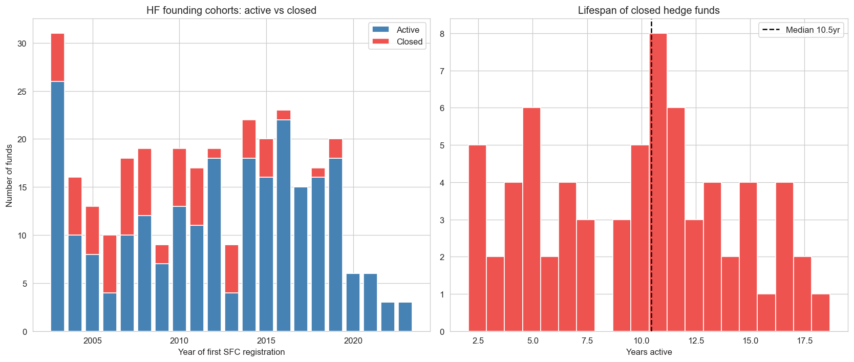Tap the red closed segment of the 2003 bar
(x=58, y=57)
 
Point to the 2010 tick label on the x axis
(x=179, y=341)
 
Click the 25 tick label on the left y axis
(x=22, y=92)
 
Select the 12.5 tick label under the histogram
(x=696, y=341)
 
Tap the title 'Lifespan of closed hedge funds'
(x=649, y=10)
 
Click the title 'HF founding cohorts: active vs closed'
(x=231, y=10)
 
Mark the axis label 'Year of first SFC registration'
(x=231, y=352)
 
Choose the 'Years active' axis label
(x=649, y=352)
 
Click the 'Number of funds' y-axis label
(x=9, y=176)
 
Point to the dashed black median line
(x=651, y=128)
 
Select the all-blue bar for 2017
(x=301, y=259)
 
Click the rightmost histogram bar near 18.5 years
(x=821, y=313)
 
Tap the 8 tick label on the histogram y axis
(x=442, y=34)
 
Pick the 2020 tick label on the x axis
(x=353, y=341)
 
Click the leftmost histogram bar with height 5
(x=477, y=238)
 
